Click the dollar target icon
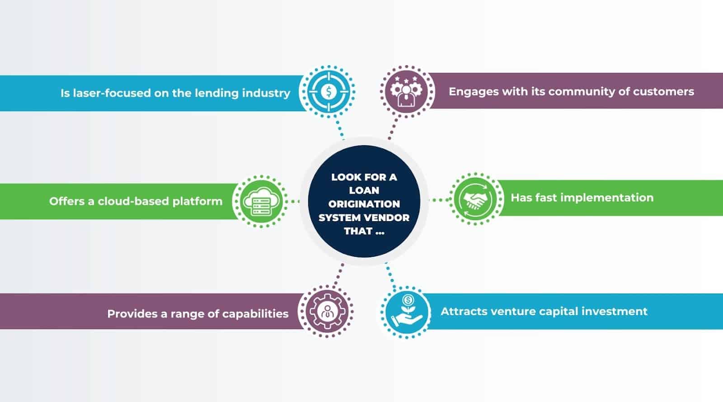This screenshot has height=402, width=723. coord(329,92)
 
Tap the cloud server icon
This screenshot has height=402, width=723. coord(260,201)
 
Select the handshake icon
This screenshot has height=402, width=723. coord(475,198)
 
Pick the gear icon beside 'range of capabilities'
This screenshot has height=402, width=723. coord(326,312)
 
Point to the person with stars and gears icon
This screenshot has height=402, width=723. coord(406,91)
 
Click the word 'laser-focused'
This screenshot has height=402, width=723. coord(104,93)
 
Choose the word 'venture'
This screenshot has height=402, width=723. coord(497,312)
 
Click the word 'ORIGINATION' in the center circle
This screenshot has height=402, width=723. coord(364,204)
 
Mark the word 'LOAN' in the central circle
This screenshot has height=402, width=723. coord(364,190)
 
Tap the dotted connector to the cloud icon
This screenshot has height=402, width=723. coord(293,201)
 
